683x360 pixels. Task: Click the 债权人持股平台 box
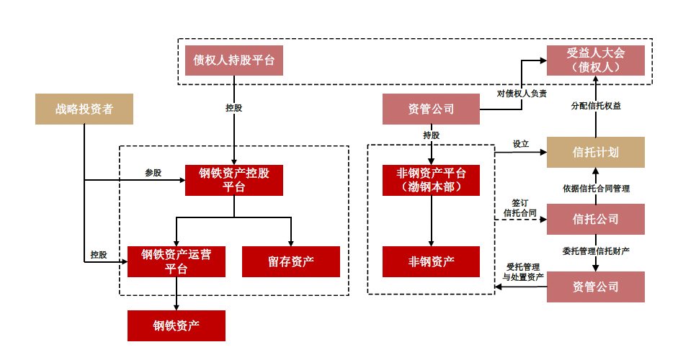pyautogui.click(x=233, y=60)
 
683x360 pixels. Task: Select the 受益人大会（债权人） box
pyautogui.click(x=595, y=60)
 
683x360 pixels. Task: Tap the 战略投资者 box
pyautogui.click(x=84, y=109)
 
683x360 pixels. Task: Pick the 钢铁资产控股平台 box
pyautogui.click(x=233, y=180)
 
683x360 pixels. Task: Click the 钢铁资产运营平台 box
pyautogui.click(x=176, y=261)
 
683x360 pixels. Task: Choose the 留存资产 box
pyautogui.click(x=290, y=261)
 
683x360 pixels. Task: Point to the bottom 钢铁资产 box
pyautogui.click(x=176, y=325)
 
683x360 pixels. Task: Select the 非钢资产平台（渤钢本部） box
pyautogui.click(x=431, y=180)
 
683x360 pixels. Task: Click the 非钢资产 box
pyautogui.click(x=431, y=261)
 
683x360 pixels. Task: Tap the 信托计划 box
pyautogui.click(x=595, y=153)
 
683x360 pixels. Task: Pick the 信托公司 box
pyautogui.click(x=595, y=219)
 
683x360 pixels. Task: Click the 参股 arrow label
pyautogui.click(x=153, y=173)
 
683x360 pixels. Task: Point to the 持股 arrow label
pyautogui.click(x=432, y=135)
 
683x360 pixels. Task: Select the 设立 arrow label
pyautogui.click(x=521, y=144)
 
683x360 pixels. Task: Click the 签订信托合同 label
pyautogui.click(x=519, y=208)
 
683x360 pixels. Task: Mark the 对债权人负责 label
pyautogui.click(x=522, y=94)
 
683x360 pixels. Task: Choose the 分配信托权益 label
pyautogui.click(x=596, y=105)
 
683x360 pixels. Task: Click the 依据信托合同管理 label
pyautogui.click(x=597, y=189)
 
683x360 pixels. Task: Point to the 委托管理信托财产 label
pyautogui.click(x=597, y=251)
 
